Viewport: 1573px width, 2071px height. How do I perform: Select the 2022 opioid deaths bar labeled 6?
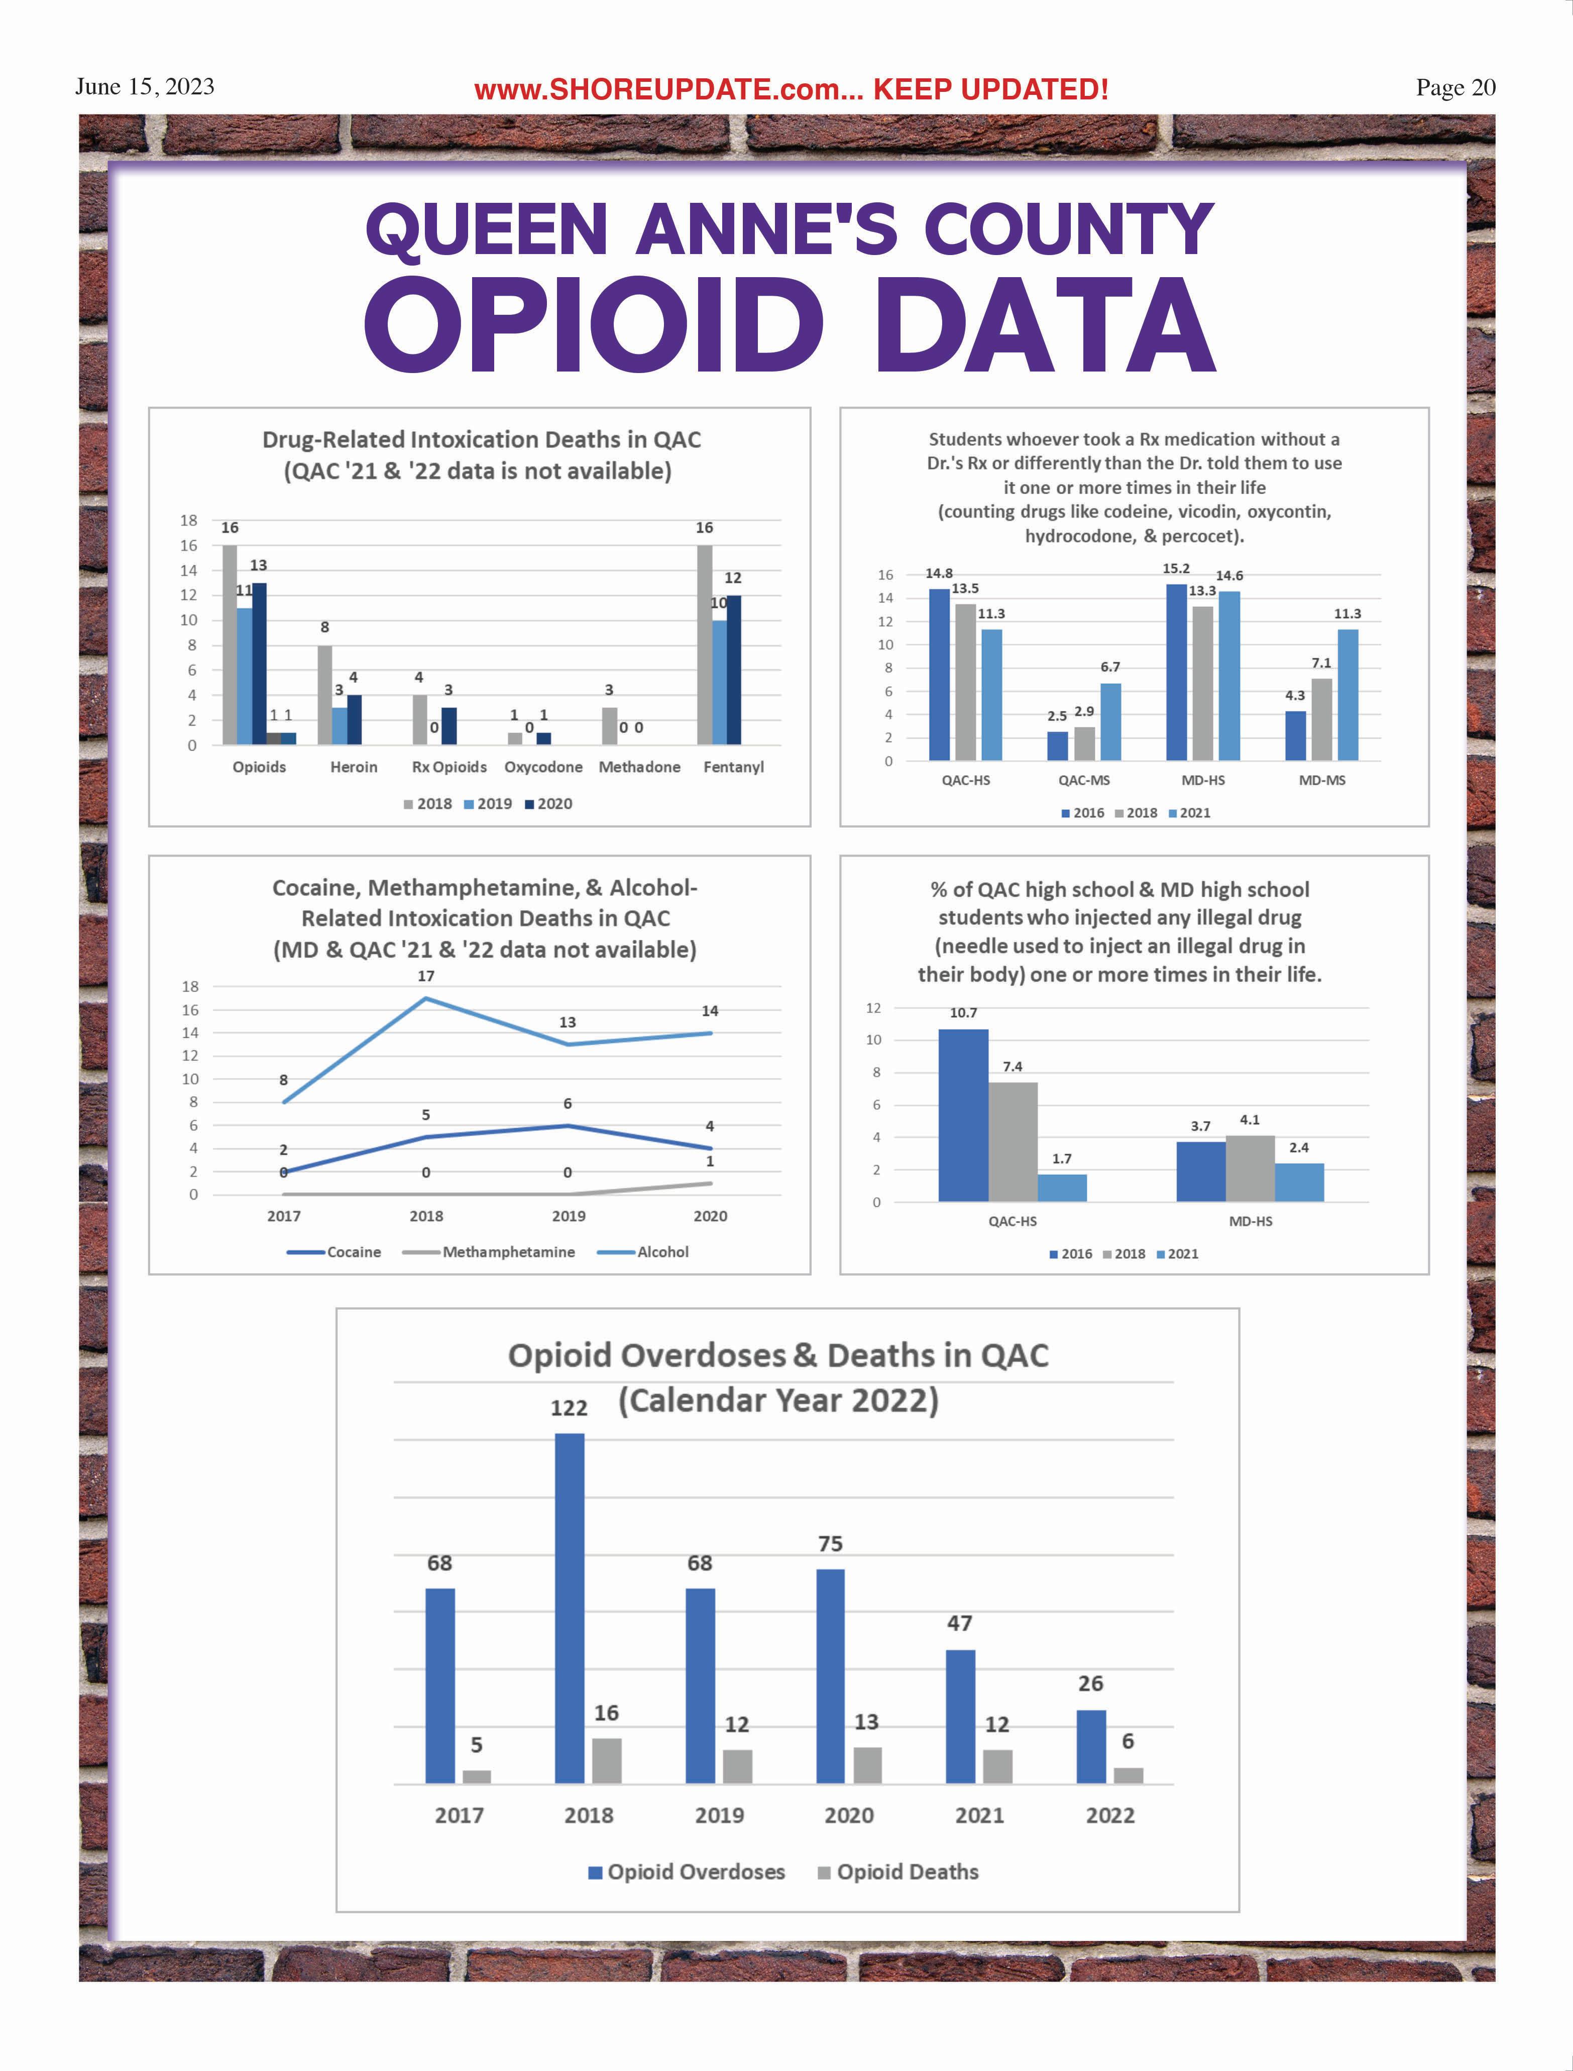point(1128,1775)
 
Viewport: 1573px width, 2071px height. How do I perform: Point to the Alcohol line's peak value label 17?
point(426,976)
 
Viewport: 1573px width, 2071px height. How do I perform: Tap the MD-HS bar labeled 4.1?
point(1250,1168)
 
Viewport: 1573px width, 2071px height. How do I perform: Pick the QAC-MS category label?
point(1084,780)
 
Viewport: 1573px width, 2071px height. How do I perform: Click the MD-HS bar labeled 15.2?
point(1177,672)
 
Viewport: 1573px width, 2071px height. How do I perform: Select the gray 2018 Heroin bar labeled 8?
point(325,695)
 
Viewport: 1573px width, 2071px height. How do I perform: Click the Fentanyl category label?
point(733,767)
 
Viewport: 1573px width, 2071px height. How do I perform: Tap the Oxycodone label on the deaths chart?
point(543,767)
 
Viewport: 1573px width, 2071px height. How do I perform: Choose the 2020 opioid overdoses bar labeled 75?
point(831,1676)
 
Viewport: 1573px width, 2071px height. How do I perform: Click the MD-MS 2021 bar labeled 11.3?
point(1347,695)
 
